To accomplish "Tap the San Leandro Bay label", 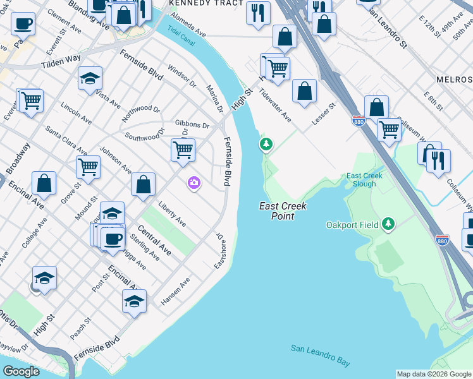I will [x=321, y=356].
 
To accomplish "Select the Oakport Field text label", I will [x=352, y=224].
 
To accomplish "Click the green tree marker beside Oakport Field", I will [x=388, y=224].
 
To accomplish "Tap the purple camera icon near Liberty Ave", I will [x=193, y=183].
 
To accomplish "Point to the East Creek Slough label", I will [x=361, y=179].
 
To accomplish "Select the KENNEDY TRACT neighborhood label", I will [x=197, y=4].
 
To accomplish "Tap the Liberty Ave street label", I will [x=172, y=214].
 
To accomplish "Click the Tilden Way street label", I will [x=61, y=61].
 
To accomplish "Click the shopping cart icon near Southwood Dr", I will [x=183, y=150].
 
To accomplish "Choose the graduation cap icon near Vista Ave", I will [x=90, y=79].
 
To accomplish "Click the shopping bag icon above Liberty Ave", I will [x=144, y=184].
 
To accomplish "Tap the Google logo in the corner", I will [x=21, y=371].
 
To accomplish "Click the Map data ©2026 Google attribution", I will [x=434, y=374].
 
